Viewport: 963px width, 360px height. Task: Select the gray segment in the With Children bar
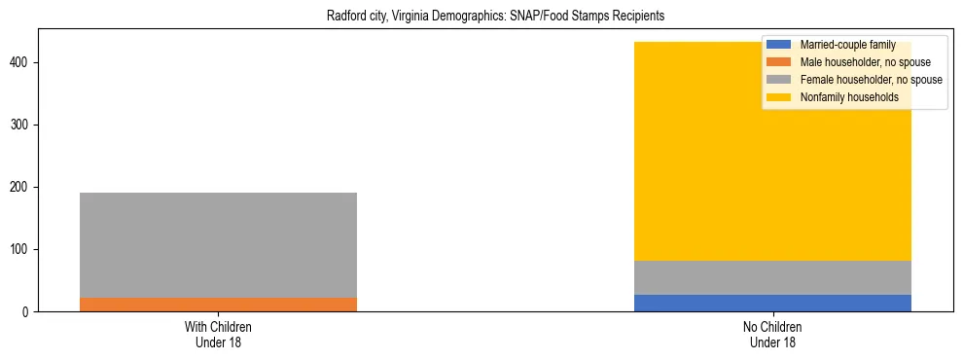pyautogui.click(x=218, y=244)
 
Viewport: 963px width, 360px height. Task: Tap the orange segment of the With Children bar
pyautogui.click(x=218, y=305)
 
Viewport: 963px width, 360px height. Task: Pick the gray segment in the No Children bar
pyautogui.click(x=772, y=277)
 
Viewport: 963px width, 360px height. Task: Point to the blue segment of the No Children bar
pyautogui.click(x=772, y=303)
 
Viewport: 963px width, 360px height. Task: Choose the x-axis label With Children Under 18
pyautogui.click(x=218, y=334)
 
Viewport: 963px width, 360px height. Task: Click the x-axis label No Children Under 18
pyautogui.click(x=772, y=334)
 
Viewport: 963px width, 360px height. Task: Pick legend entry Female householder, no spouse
pyautogui.click(x=871, y=80)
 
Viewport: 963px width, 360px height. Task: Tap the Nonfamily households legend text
pyautogui.click(x=849, y=97)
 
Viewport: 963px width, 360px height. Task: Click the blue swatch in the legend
pyautogui.click(x=779, y=45)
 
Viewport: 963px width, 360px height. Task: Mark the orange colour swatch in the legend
pyautogui.click(x=779, y=62)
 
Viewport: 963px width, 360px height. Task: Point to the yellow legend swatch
pyautogui.click(x=779, y=97)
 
